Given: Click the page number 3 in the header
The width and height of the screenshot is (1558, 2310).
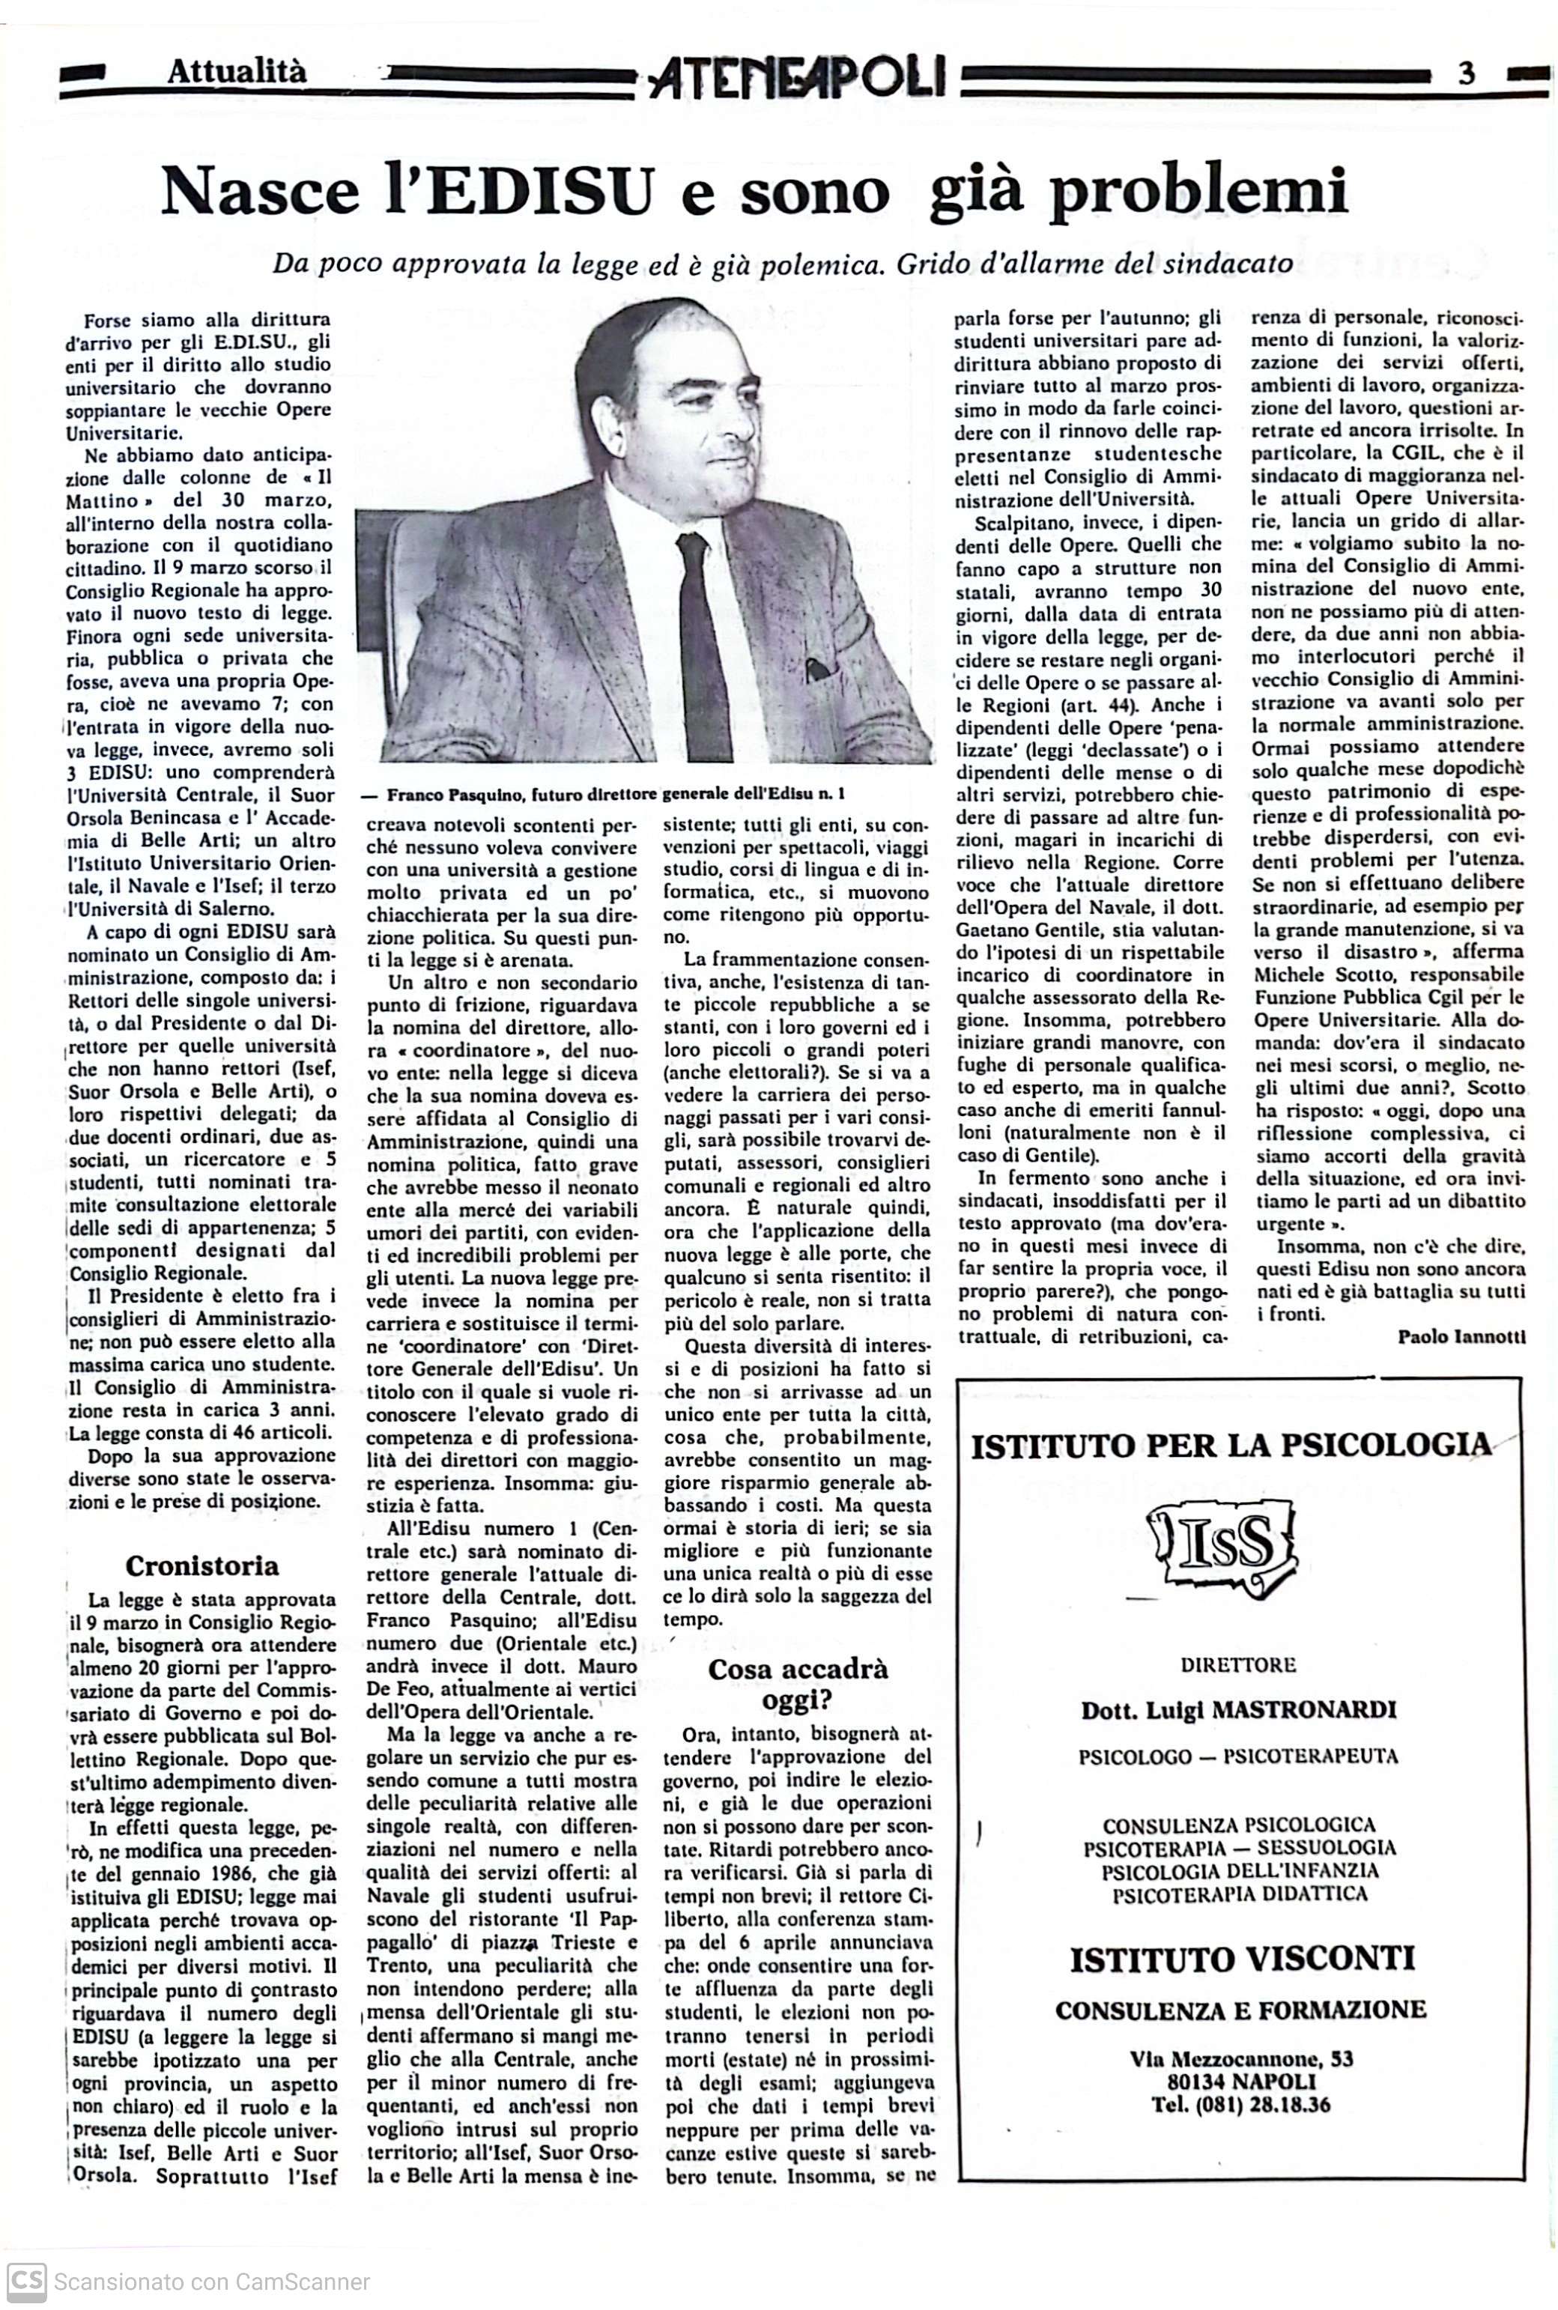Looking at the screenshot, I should coord(1467,73).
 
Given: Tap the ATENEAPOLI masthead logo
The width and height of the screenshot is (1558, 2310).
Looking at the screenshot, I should coord(798,76).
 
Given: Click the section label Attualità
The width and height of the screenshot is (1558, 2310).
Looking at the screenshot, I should coord(237,72).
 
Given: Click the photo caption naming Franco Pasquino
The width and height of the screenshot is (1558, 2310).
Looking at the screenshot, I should coord(606,794).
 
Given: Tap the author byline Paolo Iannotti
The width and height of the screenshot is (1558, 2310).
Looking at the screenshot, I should coord(1461,1336).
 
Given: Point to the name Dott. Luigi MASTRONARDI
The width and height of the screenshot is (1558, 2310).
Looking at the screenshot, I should coord(1239,1710).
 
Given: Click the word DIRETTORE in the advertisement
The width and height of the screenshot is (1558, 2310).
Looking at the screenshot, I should coord(1238,1664).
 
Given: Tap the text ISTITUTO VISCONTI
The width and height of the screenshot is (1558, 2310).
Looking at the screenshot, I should coord(1241,1959).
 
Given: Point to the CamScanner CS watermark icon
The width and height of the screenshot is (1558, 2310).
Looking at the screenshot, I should coord(25,2282).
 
